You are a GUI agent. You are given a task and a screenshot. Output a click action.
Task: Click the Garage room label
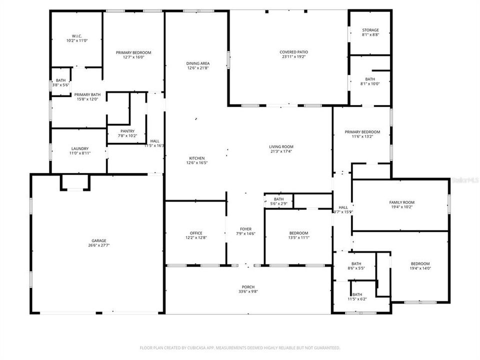click(x=98, y=240)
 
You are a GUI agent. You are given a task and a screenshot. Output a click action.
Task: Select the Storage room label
click(x=370, y=30)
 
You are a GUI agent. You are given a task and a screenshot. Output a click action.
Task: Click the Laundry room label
click(x=79, y=148)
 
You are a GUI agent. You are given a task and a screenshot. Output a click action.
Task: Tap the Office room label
click(x=196, y=233)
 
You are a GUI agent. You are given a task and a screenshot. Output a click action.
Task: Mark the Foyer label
click(x=246, y=229)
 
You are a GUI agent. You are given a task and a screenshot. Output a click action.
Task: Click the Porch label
click(x=248, y=287)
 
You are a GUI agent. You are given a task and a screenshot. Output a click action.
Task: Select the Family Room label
click(x=402, y=202)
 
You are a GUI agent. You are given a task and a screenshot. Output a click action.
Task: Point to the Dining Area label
click(x=197, y=63)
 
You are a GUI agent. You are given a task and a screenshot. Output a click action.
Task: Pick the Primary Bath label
click(x=87, y=94)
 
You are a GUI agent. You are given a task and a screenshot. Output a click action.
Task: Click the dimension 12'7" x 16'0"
click(x=133, y=57)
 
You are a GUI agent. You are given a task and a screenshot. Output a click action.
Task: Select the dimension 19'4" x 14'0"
click(x=420, y=268)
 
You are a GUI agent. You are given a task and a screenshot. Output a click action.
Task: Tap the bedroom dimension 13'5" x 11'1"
click(x=299, y=237)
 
